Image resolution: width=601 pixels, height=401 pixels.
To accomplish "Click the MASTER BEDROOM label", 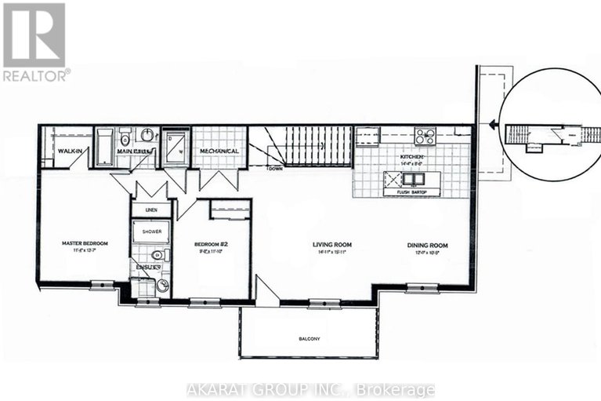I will (84, 244).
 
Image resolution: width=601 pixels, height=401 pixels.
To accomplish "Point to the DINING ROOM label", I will (427, 245).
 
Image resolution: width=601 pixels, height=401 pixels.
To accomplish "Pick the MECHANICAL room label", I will (219, 151).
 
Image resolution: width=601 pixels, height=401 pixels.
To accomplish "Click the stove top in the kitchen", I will (425, 137).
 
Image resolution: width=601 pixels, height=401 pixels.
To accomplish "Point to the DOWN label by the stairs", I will (275, 168).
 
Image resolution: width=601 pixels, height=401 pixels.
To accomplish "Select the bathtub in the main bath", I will (104, 146).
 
